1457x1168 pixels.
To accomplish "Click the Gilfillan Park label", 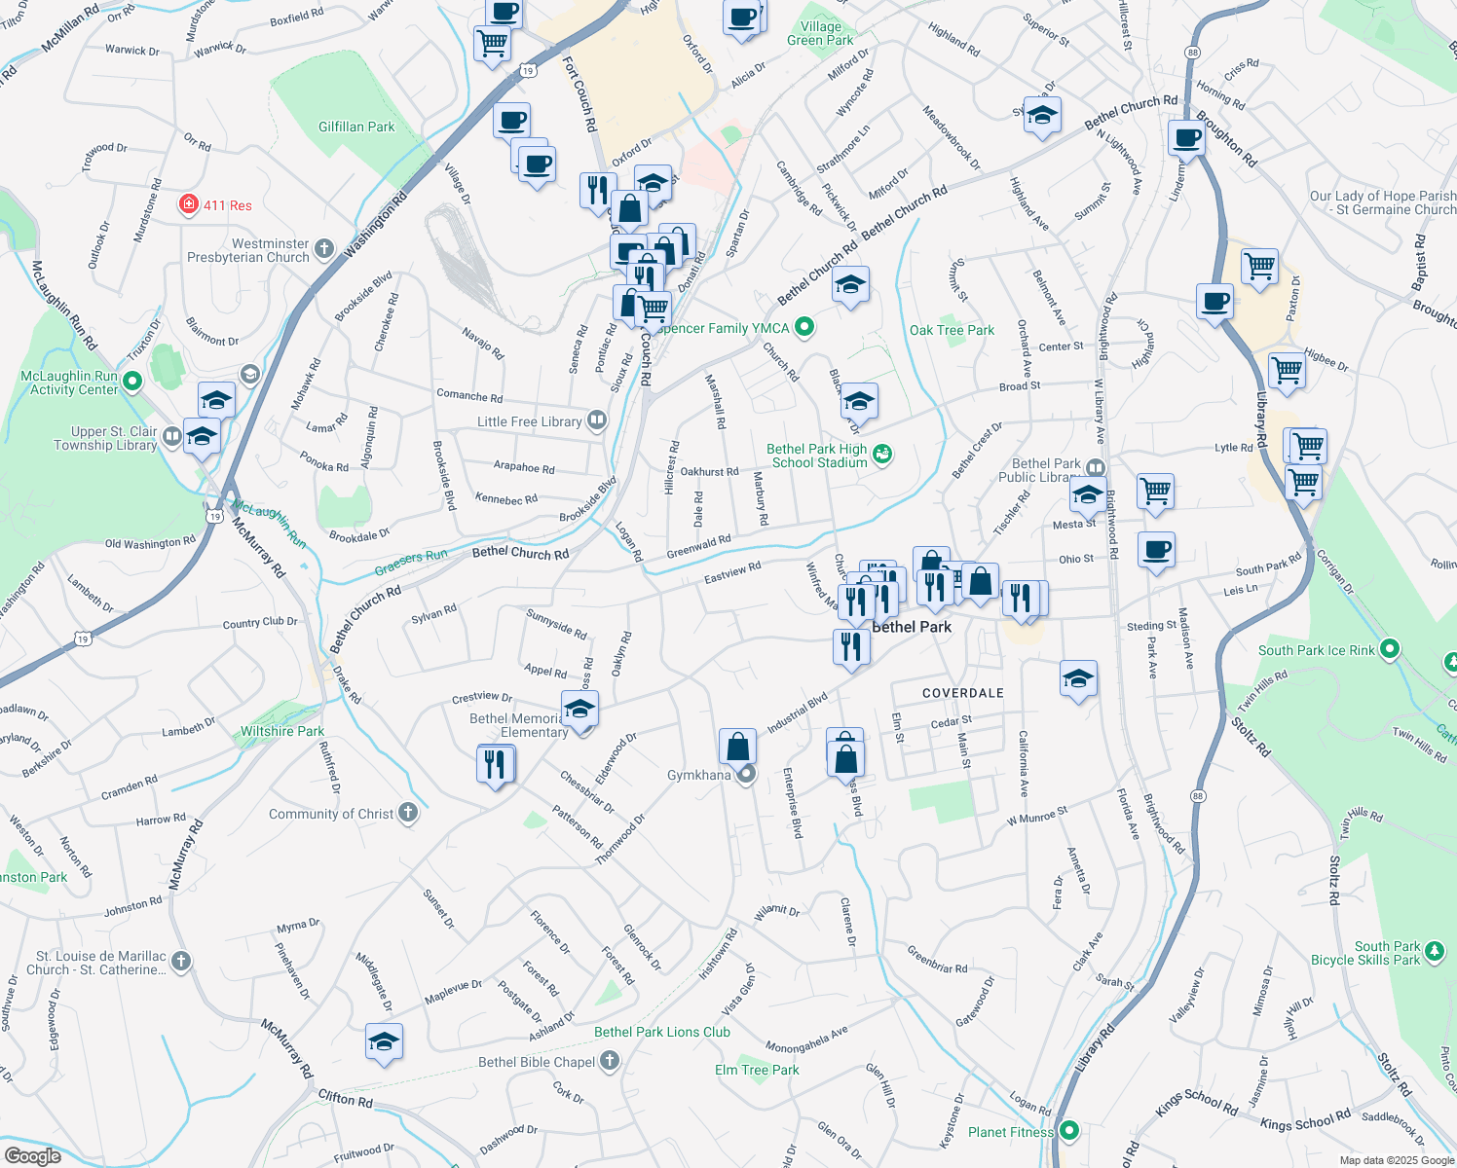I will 356,128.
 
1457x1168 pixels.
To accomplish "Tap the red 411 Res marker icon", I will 189,204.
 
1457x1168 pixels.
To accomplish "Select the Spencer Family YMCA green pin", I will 804,328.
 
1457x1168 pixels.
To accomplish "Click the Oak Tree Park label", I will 952,330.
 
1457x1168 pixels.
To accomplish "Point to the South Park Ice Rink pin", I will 1390,649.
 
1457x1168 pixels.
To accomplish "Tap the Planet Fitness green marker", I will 1069,1131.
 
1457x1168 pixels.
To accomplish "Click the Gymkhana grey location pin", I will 747,775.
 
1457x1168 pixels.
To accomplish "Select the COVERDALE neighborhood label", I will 962,693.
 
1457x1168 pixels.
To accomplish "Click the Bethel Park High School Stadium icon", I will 882,455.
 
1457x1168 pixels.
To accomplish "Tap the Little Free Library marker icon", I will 597,420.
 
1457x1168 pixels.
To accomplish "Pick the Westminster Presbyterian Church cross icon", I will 324,250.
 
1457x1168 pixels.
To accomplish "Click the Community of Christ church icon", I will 408,813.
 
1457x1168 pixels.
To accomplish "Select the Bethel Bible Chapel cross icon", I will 610,1061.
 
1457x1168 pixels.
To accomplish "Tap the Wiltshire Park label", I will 282,731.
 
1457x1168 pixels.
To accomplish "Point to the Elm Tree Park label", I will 757,1070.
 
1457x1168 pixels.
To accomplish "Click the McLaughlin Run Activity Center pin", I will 133,382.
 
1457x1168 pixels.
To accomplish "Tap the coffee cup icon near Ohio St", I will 1156,551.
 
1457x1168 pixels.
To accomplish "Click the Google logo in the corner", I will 32,1155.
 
